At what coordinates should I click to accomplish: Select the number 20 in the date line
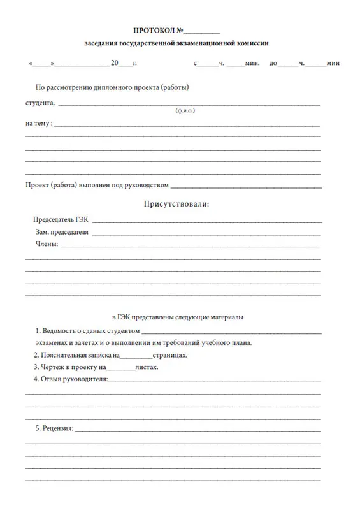click(x=115, y=64)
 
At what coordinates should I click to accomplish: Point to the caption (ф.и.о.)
click(x=185, y=110)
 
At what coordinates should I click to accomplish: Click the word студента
click(x=40, y=103)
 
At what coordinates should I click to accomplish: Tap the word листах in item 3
click(x=147, y=367)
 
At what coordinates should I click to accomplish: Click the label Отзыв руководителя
click(x=75, y=379)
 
